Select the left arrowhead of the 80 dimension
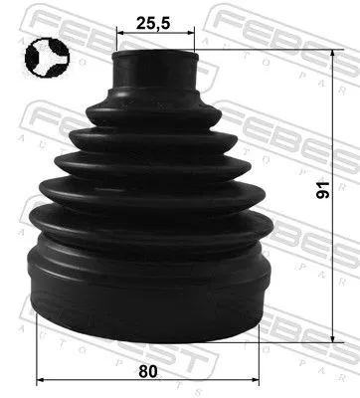[39, 380]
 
